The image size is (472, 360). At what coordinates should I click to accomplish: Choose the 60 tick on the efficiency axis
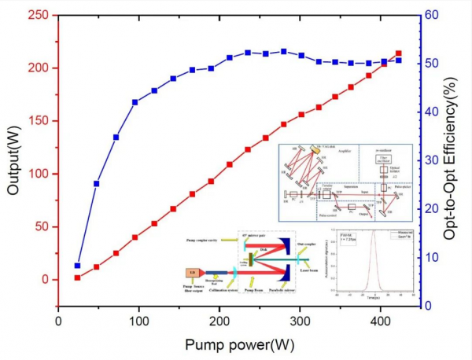[x=431, y=14]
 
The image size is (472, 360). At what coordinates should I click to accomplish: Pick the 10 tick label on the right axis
[x=431, y=257]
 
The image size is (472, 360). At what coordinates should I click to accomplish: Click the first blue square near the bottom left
[x=77, y=266]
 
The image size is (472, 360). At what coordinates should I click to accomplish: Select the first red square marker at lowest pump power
[x=77, y=277]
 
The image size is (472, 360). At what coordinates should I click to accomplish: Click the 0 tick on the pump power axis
[x=58, y=321]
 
